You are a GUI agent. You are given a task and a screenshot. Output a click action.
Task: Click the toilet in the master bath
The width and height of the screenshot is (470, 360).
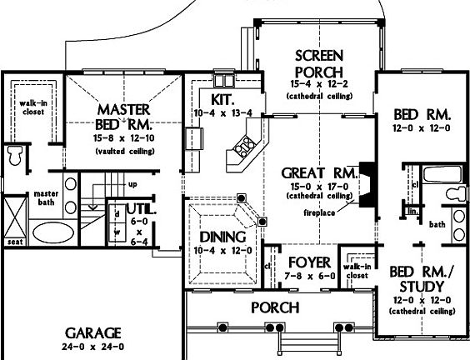(15, 155)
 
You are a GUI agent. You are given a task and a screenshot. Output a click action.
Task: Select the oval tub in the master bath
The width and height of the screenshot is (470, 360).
(53, 231)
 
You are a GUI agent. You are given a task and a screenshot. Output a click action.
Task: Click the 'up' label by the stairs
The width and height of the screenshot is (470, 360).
(132, 183)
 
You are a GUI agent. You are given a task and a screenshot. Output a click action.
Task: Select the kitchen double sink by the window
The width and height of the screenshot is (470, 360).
(225, 81)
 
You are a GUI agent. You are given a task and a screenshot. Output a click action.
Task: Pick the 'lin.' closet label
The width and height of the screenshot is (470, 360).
(412, 212)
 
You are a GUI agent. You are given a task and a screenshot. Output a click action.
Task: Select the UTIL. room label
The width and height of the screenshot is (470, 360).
(138, 209)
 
